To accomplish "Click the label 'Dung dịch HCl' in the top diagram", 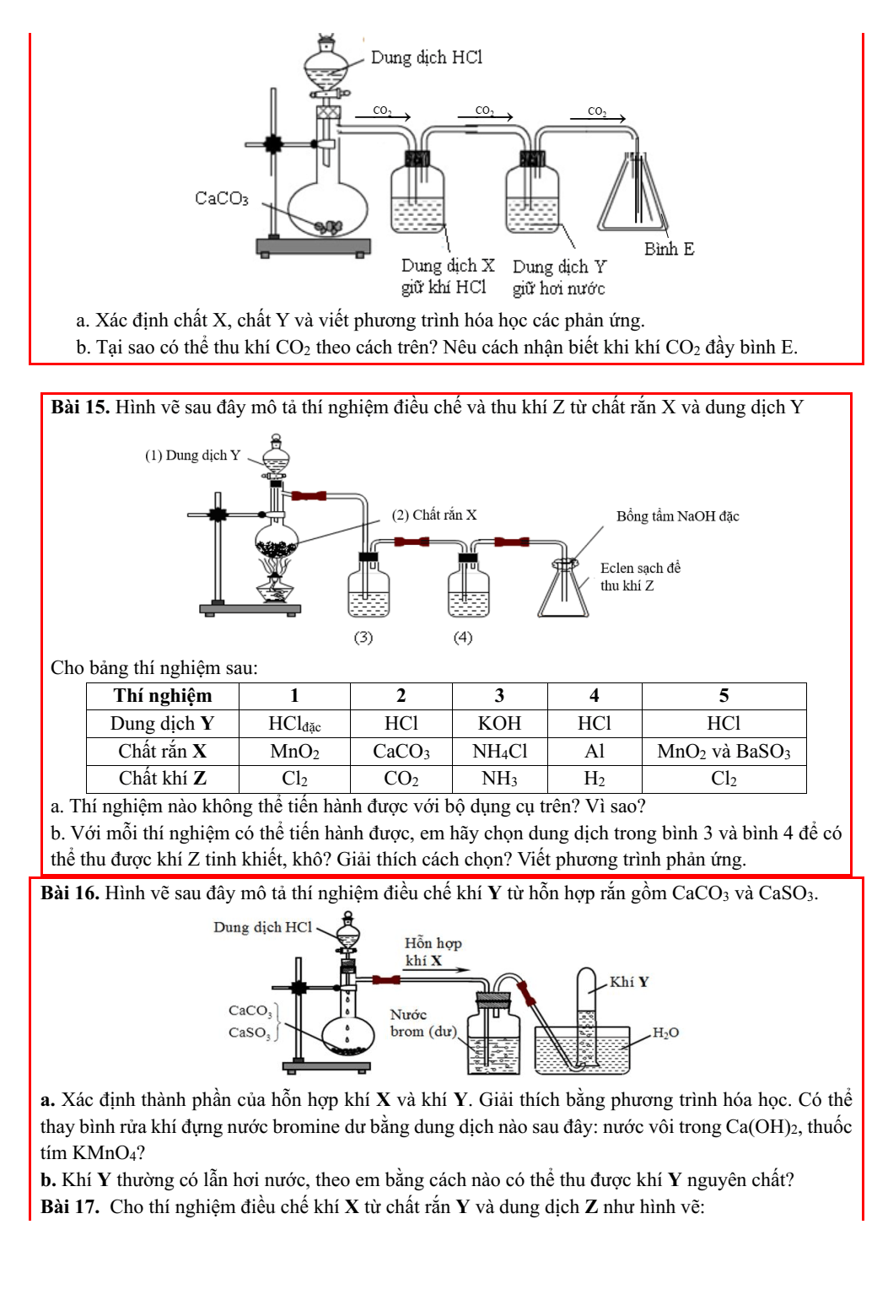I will pos(426,57).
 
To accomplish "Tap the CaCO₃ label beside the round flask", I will pos(222,198).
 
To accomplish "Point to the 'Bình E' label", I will pos(669,249).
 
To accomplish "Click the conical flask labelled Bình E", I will pos(632,198).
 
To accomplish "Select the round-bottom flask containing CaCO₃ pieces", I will pos(328,207).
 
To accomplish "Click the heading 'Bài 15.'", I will pos(80,407).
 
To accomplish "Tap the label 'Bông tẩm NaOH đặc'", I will pos(677,516).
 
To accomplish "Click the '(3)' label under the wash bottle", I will pos(363,637).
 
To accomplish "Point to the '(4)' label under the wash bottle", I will pos(463,637).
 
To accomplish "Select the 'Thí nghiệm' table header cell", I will pos(163,696).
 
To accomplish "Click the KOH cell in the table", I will pos(499,724).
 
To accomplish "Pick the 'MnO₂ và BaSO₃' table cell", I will pos(724,752).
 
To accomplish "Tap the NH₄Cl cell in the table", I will pos(499,752).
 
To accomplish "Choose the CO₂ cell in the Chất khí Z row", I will pos(401,779).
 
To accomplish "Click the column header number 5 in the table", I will pos(724,696).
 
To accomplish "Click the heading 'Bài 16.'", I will pos(70,893).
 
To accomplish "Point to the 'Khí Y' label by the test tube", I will pos(629,982).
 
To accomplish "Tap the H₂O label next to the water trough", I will pos(665,1033).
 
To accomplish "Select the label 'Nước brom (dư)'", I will pos(422,1023).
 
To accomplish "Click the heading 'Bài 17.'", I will pos(70,1207).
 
